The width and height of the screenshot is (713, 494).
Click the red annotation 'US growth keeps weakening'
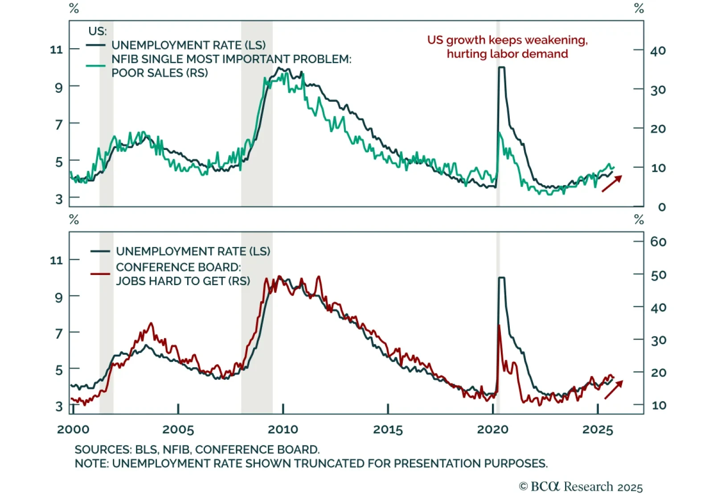click(x=507, y=40)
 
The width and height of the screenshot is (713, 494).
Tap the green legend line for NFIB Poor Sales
click(x=95, y=66)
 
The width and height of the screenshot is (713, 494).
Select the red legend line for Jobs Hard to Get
click(x=100, y=274)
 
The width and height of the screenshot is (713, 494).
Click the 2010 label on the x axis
click(x=283, y=430)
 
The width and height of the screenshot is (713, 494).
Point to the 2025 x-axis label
click(x=598, y=430)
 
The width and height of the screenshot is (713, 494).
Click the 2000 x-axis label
click(x=73, y=430)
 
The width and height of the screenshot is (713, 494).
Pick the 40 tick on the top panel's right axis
click(x=658, y=51)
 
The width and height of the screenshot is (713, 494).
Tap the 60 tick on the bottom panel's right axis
click(x=658, y=242)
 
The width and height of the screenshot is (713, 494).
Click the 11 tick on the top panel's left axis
click(x=57, y=50)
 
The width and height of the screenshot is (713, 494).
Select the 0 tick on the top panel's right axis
click(x=662, y=207)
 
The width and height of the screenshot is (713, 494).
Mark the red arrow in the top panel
click(x=612, y=183)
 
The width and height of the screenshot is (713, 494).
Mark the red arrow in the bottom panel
click(x=614, y=390)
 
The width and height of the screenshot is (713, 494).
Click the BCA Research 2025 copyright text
click(x=581, y=486)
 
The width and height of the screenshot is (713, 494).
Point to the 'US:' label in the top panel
click(x=98, y=31)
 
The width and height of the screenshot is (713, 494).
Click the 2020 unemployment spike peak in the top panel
click(x=501, y=68)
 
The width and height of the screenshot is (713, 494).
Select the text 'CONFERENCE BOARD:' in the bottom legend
click(x=178, y=267)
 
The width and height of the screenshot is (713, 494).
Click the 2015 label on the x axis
click(x=388, y=430)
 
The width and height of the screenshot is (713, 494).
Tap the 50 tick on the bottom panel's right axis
click(x=658, y=275)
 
